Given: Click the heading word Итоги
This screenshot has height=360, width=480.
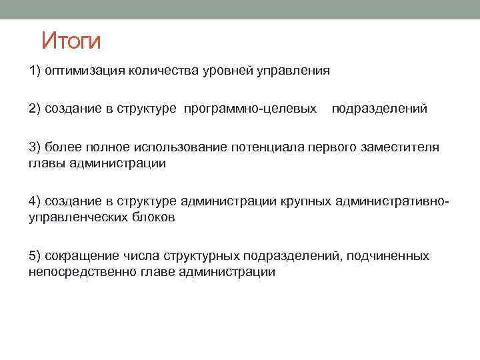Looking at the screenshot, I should pos(71,41).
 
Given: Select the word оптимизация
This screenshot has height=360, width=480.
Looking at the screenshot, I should pos(81,71).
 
